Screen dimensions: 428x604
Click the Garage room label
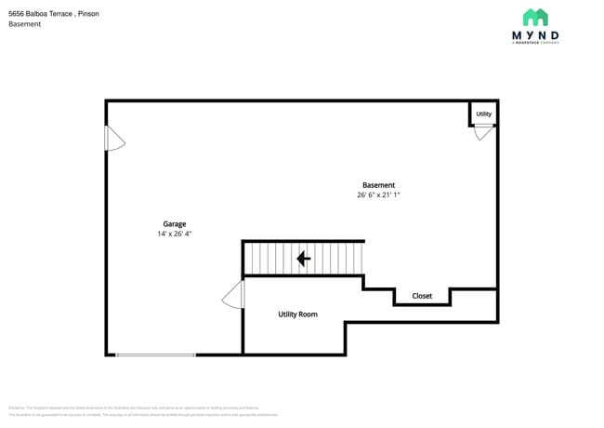tap(175, 224)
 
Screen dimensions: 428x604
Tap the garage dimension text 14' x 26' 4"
tap(175, 234)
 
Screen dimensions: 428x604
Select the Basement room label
tap(378, 185)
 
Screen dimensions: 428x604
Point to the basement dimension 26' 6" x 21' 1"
tap(378, 195)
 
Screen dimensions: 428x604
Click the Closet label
tap(422, 296)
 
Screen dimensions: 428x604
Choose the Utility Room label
tap(297, 314)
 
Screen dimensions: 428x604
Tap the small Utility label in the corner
tap(483, 114)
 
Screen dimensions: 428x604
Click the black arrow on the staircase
tap(303, 258)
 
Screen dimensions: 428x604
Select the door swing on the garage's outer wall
tap(114, 139)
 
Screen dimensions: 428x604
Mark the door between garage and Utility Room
tap(234, 297)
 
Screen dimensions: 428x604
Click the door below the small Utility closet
tap(483, 132)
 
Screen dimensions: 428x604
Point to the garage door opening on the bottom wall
tap(155, 354)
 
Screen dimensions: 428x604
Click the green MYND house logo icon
tap(535, 18)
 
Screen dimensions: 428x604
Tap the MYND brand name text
tap(535, 35)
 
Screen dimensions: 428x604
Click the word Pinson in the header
tap(89, 14)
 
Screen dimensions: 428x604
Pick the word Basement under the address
tap(25, 24)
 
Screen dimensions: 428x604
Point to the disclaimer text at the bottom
tap(139, 411)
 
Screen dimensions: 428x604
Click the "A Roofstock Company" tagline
tap(535, 43)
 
